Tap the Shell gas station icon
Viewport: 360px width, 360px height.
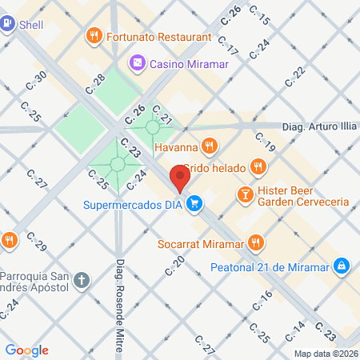pyautogui.click(x=7, y=24)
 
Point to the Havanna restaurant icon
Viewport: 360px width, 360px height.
pyautogui.click(x=208, y=145)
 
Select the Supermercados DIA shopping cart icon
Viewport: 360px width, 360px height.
pyautogui.click(x=194, y=204)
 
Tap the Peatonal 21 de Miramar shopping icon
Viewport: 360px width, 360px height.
pyautogui.click(x=341, y=265)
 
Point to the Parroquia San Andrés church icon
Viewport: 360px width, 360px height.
pyautogui.click(x=81, y=280)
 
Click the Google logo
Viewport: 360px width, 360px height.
pyautogui.click(x=26, y=350)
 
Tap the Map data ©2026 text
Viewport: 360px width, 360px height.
pyautogui.click(x=325, y=354)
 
